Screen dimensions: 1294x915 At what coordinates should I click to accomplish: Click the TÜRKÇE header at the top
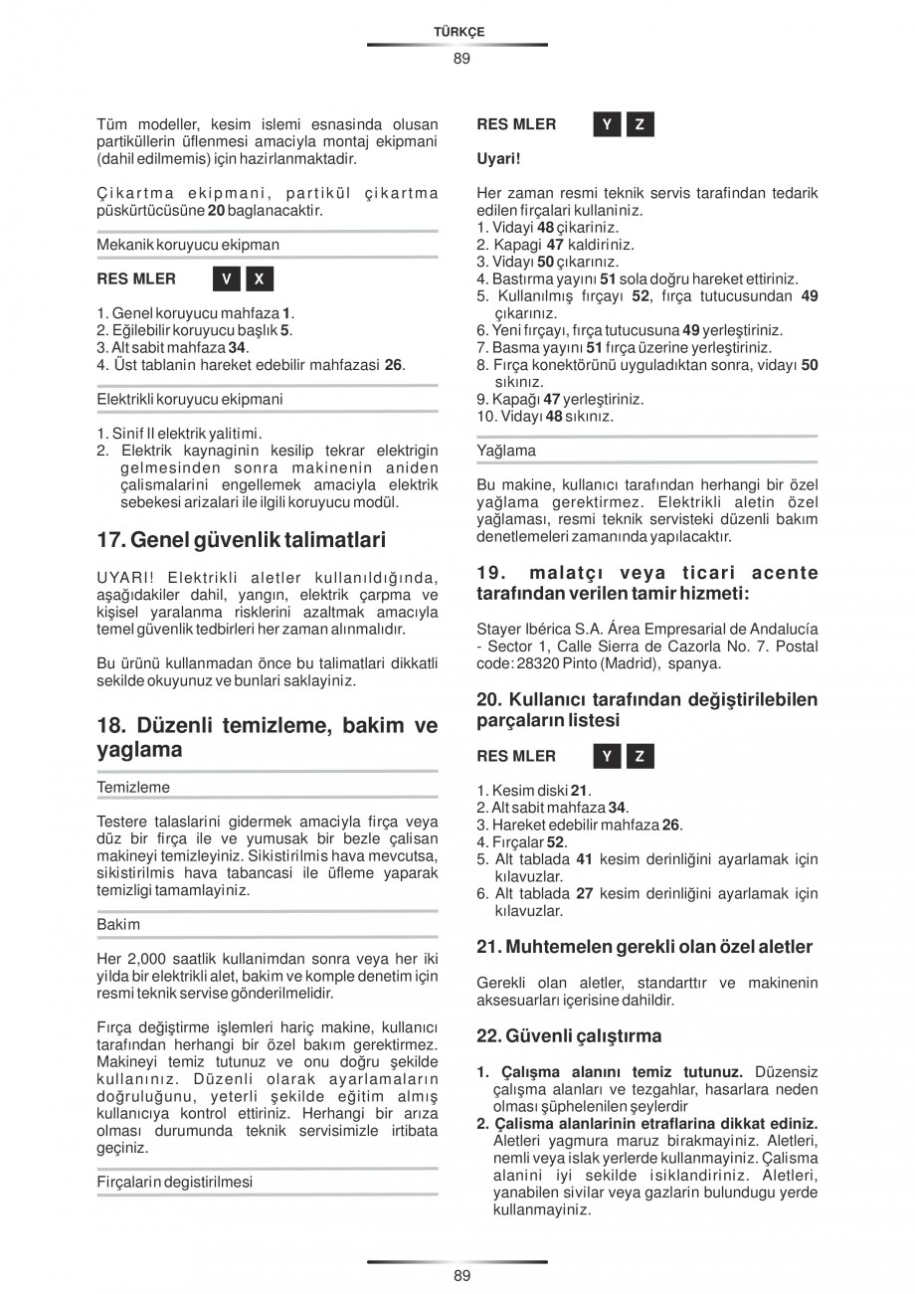pos(458,32)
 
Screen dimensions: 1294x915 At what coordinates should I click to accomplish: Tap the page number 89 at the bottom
pos(461,1275)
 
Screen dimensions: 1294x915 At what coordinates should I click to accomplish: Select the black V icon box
pos(226,278)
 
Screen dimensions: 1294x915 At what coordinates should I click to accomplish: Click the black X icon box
pos(260,278)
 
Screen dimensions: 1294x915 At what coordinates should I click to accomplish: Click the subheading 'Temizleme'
pos(133,787)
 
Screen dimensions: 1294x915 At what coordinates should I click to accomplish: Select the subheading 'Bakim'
pos(118,924)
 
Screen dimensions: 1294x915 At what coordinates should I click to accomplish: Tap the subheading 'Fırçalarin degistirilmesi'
pos(174,1182)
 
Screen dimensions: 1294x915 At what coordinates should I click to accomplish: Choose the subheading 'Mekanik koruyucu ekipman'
pos(188,244)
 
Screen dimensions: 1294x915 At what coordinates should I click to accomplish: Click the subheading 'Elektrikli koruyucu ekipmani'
pos(189,399)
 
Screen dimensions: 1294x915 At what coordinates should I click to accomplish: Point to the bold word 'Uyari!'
pos(499,158)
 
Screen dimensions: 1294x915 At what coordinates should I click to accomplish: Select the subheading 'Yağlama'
pos(506,451)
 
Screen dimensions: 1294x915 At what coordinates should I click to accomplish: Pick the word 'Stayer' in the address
pos(499,629)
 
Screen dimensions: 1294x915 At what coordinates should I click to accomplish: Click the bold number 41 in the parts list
pos(585,858)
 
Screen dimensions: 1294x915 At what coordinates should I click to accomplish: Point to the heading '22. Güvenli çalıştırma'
pos(569,1035)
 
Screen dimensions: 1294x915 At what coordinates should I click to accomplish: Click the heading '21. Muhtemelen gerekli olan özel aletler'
pos(644,947)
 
